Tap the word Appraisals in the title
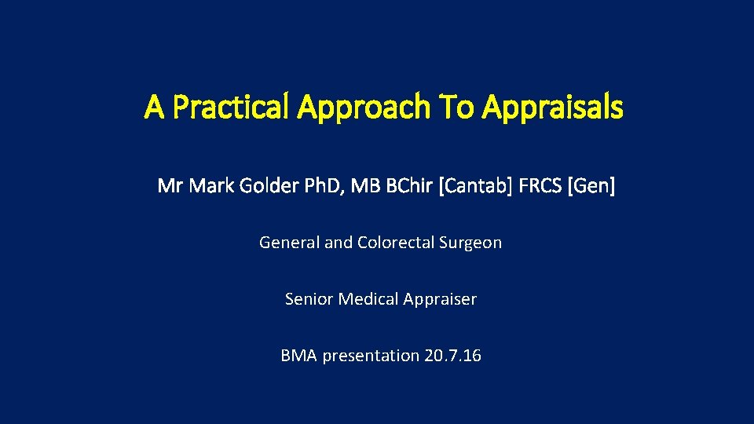click(x=553, y=108)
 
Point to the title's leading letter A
click(x=154, y=108)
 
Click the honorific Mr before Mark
click(x=170, y=186)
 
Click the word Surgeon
click(x=471, y=243)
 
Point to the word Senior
click(x=309, y=299)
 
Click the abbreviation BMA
click(x=298, y=356)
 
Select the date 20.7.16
click(x=452, y=356)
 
